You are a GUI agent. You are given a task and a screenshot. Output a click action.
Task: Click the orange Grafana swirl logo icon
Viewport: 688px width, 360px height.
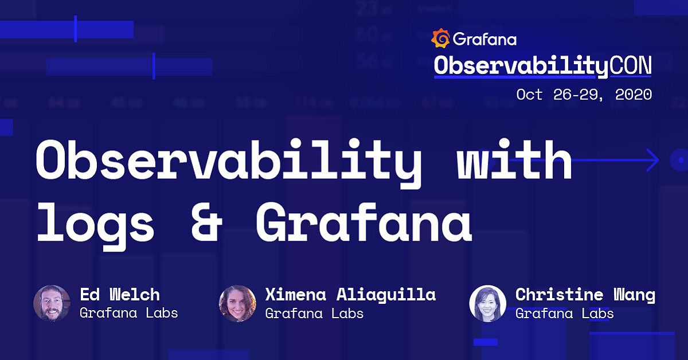[440, 38]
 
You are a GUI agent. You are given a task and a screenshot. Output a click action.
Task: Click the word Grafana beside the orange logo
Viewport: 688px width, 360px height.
[484, 39]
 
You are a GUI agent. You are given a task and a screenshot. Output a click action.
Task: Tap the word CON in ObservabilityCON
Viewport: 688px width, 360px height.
[630, 66]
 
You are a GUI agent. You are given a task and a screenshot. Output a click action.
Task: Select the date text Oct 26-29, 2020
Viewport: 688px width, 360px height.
[584, 94]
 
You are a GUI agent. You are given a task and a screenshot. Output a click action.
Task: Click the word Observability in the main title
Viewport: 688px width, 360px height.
[229, 161]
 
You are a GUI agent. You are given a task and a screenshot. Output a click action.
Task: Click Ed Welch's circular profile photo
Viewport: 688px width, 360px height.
[52, 303]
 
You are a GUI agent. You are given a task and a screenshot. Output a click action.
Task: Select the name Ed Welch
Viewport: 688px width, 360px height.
[119, 295]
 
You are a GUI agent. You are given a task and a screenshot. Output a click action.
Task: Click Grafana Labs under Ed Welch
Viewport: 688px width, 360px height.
[128, 313]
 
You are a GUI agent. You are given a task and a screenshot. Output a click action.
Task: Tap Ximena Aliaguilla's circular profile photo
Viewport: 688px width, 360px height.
[237, 303]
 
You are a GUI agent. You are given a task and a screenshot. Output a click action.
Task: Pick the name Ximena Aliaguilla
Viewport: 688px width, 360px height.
[350, 295]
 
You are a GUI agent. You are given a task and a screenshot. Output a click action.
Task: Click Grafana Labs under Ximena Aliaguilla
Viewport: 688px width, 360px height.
[314, 313]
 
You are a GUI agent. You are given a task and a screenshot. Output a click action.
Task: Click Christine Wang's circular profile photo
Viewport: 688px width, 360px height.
[487, 303]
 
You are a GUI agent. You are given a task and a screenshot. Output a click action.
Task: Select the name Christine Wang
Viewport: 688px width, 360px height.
[585, 295]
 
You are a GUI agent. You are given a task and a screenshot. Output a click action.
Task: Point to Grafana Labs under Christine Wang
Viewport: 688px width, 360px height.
[564, 313]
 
